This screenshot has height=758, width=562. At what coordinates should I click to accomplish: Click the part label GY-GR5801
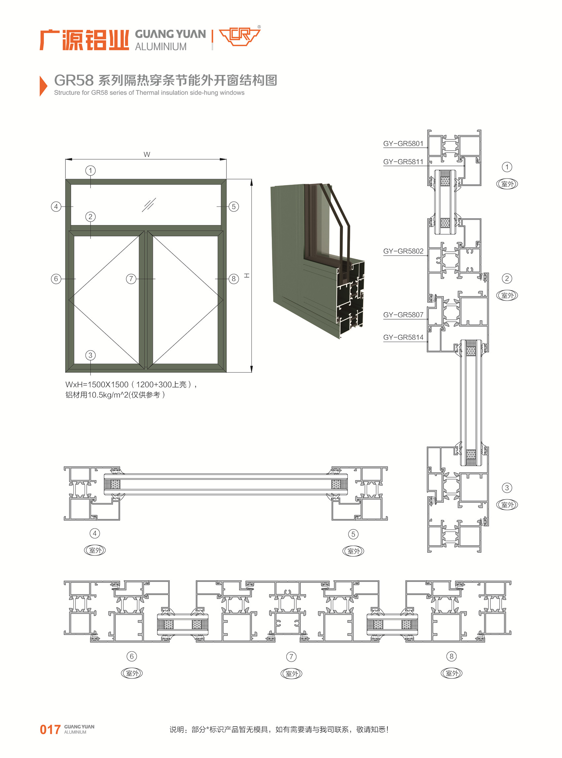click(x=403, y=144)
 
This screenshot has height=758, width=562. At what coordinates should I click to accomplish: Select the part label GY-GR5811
click(x=403, y=162)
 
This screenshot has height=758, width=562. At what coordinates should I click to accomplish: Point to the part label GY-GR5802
click(x=403, y=251)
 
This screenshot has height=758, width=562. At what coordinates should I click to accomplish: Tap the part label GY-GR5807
click(x=403, y=315)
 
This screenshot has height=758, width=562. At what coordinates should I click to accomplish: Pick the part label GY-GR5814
click(x=403, y=337)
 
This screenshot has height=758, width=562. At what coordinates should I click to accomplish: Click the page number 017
click(x=50, y=730)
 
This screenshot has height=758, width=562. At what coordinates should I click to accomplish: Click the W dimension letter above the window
click(x=147, y=155)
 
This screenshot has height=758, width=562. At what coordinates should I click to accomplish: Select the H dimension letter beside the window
click(x=247, y=275)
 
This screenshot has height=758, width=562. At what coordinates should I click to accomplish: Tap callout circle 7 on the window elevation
click(x=131, y=279)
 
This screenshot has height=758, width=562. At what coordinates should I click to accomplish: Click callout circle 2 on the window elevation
click(x=90, y=216)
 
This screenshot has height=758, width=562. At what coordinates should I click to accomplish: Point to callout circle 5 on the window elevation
click(x=234, y=207)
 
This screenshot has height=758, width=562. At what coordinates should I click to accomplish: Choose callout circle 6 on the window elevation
click(x=56, y=279)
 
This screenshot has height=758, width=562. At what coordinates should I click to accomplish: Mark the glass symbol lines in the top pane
click(x=149, y=205)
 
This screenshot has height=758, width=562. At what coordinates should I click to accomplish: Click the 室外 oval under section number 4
click(x=95, y=550)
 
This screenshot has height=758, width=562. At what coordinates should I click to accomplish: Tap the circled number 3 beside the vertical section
click(x=507, y=488)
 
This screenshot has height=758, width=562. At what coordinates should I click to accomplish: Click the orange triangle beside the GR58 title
click(x=43, y=86)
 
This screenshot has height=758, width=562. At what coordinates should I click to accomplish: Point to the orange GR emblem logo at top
click(x=239, y=36)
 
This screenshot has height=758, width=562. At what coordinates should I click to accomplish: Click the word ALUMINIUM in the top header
click(x=161, y=47)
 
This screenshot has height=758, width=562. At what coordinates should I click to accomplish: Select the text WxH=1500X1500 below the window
click(x=97, y=385)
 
